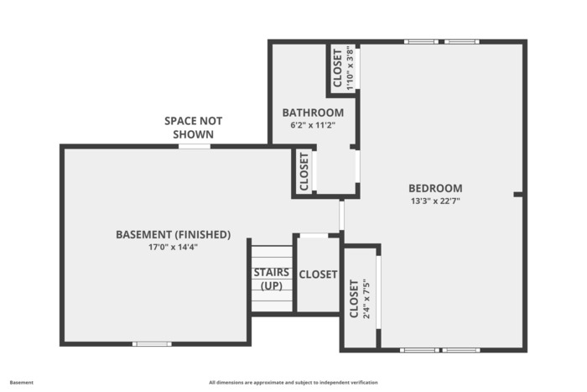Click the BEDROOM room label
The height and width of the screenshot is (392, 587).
[x=435, y=188]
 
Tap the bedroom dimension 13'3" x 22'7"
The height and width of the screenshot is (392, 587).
[x=435, y=201]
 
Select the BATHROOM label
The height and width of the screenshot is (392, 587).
[x=313, y=112]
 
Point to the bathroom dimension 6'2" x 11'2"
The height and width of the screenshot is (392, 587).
[x=313, y=125]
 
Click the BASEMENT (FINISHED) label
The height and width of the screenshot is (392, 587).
[x=173, y=234]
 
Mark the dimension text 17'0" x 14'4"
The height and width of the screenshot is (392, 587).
[x=173, y=247]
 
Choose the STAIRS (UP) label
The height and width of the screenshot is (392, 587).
[x=272, y=279]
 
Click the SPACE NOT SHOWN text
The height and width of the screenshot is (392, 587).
[x=193, y=128]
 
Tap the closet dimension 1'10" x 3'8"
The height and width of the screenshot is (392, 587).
[x=350, y=68]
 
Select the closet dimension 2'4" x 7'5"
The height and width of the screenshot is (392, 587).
[x=366, y=299]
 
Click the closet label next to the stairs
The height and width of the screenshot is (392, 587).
[x=318, y=274]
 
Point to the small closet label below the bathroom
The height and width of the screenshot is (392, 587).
[x=304, y=171]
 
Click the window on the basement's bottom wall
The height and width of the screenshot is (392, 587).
[x=152, y=343]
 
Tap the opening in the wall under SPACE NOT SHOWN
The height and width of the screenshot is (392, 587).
[x=195, y=146]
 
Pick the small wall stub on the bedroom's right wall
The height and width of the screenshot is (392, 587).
[x=517, y=194]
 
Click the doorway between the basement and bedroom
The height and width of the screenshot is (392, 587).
[x=341, y=215]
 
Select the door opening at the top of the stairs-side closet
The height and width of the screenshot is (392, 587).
[x=314, y=235]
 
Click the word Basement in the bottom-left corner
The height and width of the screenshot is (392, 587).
[x=21, y=383]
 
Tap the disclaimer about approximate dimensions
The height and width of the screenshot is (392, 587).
[x=293, y=383]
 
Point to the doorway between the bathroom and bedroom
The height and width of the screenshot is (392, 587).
[x=357, y=166]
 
